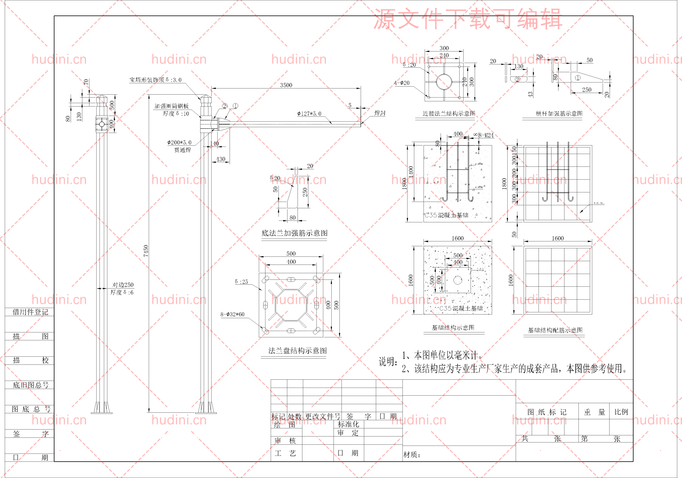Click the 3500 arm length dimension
pos(286,85)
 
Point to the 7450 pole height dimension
pos(146,251)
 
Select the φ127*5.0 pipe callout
pos(309,114)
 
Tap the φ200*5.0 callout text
pos(179,143)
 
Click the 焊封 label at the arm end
pos(380,113)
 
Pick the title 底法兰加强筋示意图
pos(294,233)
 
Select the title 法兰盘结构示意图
pos(297,351)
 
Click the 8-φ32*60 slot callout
pos(232,314)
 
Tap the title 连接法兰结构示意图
pos(449,114)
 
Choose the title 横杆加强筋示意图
pos(559,114)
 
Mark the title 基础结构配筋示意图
pos(555,330)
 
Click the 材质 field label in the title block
pos(412,455)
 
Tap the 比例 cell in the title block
pos(621,412)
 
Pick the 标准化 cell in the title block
pos(348,424)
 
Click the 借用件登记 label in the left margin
pos(30,312)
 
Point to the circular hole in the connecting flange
pos(444,82)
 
